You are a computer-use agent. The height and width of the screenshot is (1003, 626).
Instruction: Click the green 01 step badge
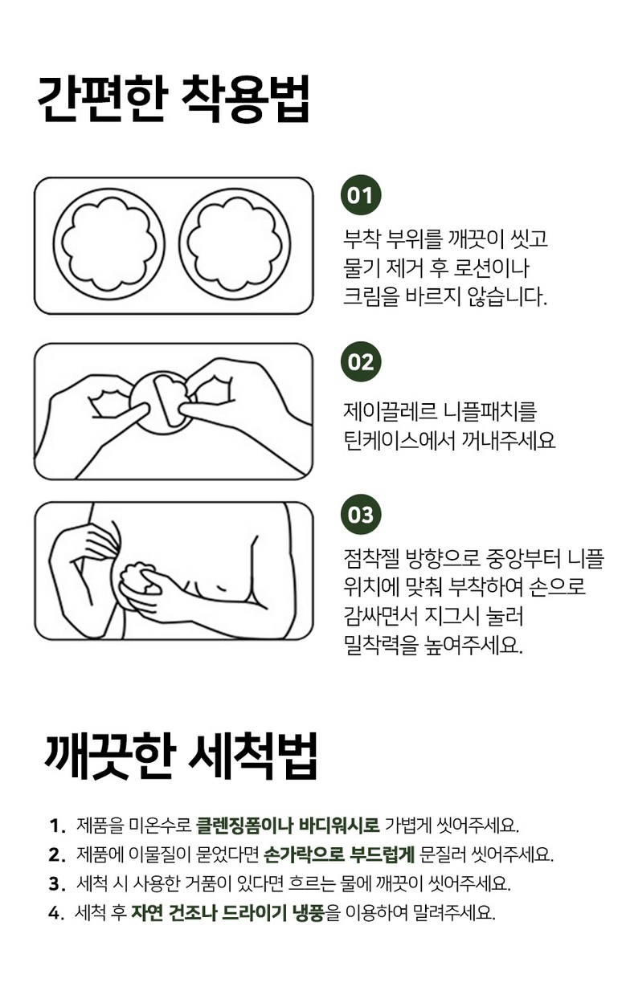[x=361, y=195]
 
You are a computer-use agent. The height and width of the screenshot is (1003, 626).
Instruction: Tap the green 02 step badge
[x=361, y=362]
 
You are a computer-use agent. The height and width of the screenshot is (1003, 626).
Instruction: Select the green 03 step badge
[x=361, y=515]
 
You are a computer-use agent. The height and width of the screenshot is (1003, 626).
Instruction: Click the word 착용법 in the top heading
[x=244, y=100]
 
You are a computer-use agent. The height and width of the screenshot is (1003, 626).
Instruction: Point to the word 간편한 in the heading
[x=102, y=100]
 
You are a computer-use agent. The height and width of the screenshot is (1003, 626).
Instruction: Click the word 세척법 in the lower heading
[x=252, y=756]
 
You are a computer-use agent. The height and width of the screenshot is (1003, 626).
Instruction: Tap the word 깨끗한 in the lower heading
[x=108, y=756]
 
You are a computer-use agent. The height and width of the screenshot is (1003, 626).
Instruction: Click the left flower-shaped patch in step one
[x=109, y=244]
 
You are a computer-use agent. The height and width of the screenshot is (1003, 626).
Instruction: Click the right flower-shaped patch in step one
[x=235, y=244]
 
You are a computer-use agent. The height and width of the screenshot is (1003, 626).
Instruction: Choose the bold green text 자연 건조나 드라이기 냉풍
[x=227, y=911]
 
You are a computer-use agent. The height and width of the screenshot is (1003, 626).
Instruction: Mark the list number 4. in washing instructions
[x=56, y=911]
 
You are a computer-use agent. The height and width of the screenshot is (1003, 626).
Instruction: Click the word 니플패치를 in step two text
[x=489, y=411]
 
